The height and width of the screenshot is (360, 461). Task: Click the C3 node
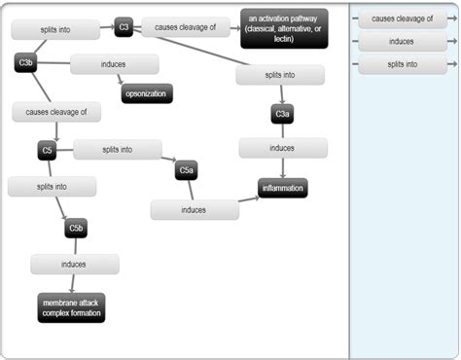pyautogui.click(x=124, y=27)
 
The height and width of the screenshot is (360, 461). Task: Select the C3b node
pyautogui.click(x=27, y=63)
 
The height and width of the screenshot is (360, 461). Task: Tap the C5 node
pyautogui.click(x=46, y=151)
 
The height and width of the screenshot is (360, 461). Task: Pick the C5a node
pyautogui.click(x=188, y=171)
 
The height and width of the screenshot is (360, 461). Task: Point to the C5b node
pyautogui.click(x=77, y=229)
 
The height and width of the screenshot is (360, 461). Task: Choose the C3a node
pyautogui.click(x=282, y=115)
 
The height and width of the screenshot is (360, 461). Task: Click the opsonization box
pyautogui.click(x=147, y=93)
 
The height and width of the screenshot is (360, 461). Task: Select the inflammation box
pyautogui.click(x=283, y=188)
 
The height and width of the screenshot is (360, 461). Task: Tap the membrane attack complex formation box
pyautogui.click(x=71, y=308)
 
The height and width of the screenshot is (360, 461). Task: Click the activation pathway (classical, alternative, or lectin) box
pyautogui.click(x=284, y=27)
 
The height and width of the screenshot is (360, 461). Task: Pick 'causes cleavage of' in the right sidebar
pyautogui.click(x=402, y=19)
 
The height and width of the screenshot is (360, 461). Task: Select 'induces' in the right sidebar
pyautogui.click(x=402, y=42)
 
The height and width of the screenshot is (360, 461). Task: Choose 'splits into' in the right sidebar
pyautogui.click(x=402, y=64)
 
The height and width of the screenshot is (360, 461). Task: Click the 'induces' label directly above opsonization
pyautogui.click(x=114, y=64)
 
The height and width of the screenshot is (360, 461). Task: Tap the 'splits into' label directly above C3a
pyautogui.click(x=280, y=75)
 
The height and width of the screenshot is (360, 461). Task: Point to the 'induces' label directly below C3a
pyautogui.click(x=283, y=148)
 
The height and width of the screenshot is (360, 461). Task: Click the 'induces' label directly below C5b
pyautogui.click(x=74, y=264)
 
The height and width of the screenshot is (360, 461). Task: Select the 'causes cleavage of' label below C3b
pyautogui.click(x=56, y=112)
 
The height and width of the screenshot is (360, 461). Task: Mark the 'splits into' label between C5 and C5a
pyautogui.click(x=118, y=150)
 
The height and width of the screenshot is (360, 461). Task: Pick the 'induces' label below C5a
pyautogui.click(x=195, y=210)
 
